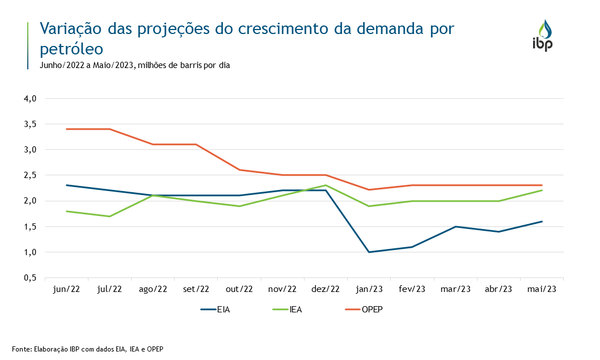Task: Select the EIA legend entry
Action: click(x=215, y=310)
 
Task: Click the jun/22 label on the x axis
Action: click(x=66, y=289)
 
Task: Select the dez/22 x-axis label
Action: click(x=326, y=289)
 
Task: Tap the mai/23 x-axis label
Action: click(x=542, y=289)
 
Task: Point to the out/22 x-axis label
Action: click(x=239, y=289)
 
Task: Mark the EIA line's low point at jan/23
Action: click(x=369, y=252)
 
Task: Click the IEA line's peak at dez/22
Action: click(x=326, y=185)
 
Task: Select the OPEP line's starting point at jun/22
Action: click(x=67, y=129)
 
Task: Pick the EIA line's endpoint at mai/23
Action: click(x=542, y=221)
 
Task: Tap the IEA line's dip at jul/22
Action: click(x=110, y=216)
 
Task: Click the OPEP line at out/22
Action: click(x=239, y=170)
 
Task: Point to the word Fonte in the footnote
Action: click(x=22, y=349)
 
